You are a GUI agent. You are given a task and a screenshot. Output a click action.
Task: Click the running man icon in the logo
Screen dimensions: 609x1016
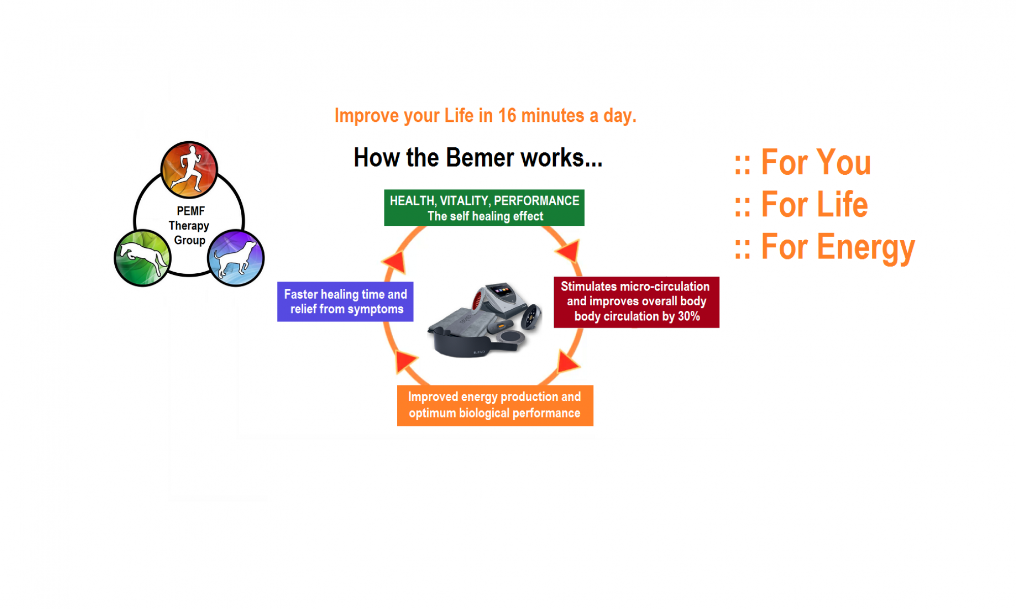pos(189,169)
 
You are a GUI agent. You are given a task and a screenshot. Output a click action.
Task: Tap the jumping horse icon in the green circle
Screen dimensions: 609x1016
pos(142,258)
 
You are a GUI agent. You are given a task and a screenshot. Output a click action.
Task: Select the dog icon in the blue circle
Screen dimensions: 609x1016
pos(236,258)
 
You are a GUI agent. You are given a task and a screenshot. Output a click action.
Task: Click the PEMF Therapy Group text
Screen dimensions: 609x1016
pos(189,226)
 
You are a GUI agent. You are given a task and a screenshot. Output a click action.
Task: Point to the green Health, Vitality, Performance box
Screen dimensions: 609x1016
pos(484,208)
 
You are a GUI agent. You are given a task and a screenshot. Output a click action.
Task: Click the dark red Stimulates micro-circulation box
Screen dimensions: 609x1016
pos(636,302)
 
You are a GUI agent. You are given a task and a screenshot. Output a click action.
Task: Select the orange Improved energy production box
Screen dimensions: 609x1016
pos(495,405)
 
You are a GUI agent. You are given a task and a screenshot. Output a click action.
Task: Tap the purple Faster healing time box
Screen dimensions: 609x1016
pos(345,302)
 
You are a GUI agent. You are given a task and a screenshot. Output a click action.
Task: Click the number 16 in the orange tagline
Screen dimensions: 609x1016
pos(507,116)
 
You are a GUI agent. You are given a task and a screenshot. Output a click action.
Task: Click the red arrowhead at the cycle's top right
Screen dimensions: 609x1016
pos(568,250)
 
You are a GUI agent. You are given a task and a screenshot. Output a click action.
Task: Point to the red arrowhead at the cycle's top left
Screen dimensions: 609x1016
pos(395,262)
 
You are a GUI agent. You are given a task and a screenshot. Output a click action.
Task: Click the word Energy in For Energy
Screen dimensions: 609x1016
pos(866,247)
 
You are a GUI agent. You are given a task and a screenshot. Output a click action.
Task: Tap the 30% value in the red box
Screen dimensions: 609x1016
pos(689,316)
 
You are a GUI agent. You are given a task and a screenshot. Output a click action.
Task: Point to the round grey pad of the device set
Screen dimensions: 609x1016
pos(511,337)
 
